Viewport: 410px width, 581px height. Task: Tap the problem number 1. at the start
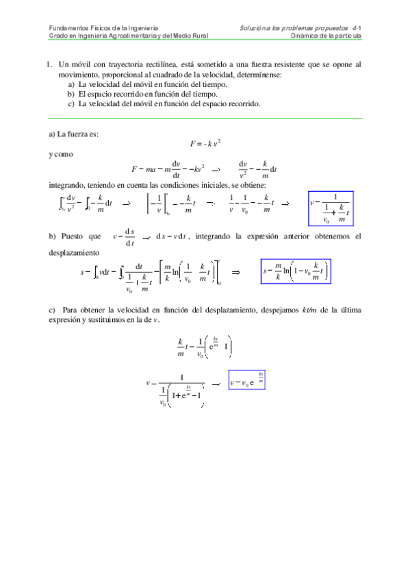(x=50, y=64)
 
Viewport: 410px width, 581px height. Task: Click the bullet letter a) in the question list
(x=71, y=84)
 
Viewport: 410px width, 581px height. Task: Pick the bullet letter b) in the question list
(x=71, y=94)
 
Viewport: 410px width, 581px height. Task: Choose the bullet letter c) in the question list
(x=71, y=104)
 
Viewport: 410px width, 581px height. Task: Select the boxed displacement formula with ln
(x=296, y=273)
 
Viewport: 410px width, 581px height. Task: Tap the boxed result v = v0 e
(x=246, y=381)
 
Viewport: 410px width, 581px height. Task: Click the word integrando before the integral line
(x=67, y=185)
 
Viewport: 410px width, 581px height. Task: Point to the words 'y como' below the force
(x=61, y=154)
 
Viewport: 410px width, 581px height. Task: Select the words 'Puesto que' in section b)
(x=80, y=236)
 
